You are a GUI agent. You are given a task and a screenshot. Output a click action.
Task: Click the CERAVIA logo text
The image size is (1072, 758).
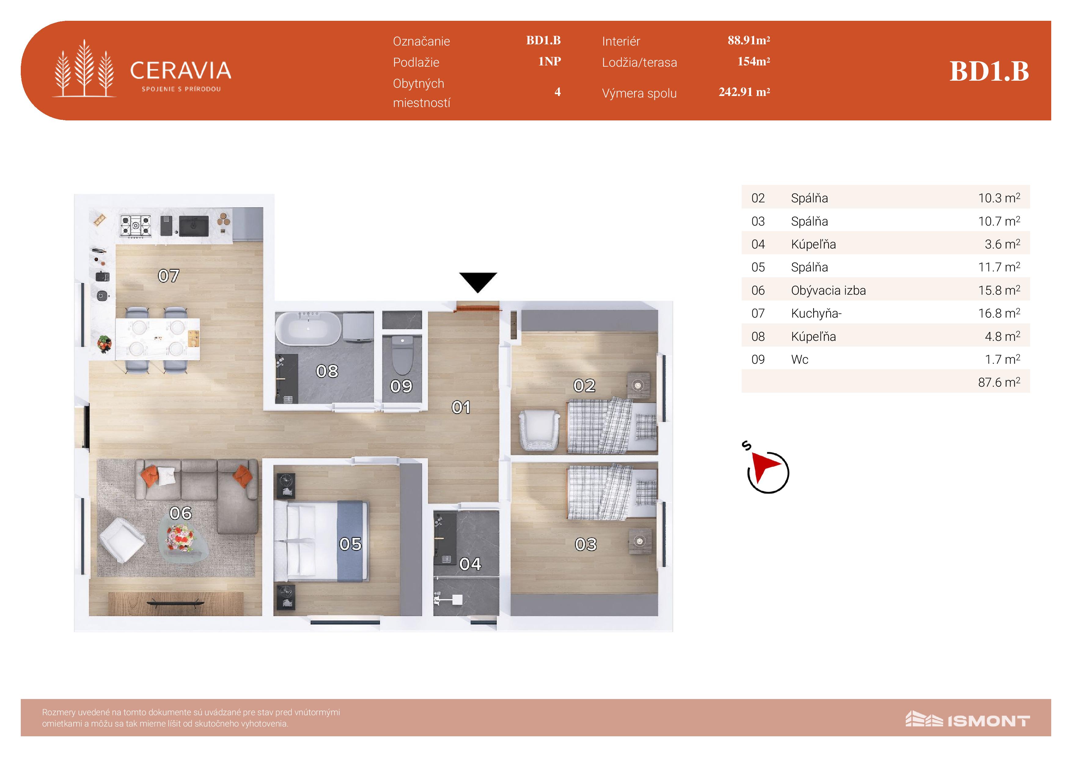click(x=180, y=71)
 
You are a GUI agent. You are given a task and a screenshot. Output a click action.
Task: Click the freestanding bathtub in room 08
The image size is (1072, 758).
click(x=308, y=329)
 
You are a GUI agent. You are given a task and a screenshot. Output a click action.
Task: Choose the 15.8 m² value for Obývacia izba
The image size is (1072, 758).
click(x=999, y=290)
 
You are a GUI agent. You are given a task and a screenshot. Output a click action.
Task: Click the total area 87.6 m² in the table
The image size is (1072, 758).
click(x=999, y=382)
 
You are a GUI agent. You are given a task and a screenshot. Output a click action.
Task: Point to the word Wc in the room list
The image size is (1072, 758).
click(x=799, y=360)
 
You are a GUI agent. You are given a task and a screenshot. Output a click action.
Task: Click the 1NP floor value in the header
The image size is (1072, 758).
click(x=549, y=61)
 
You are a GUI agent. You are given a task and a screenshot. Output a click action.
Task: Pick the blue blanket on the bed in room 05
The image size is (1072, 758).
click(x=353, y=541)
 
